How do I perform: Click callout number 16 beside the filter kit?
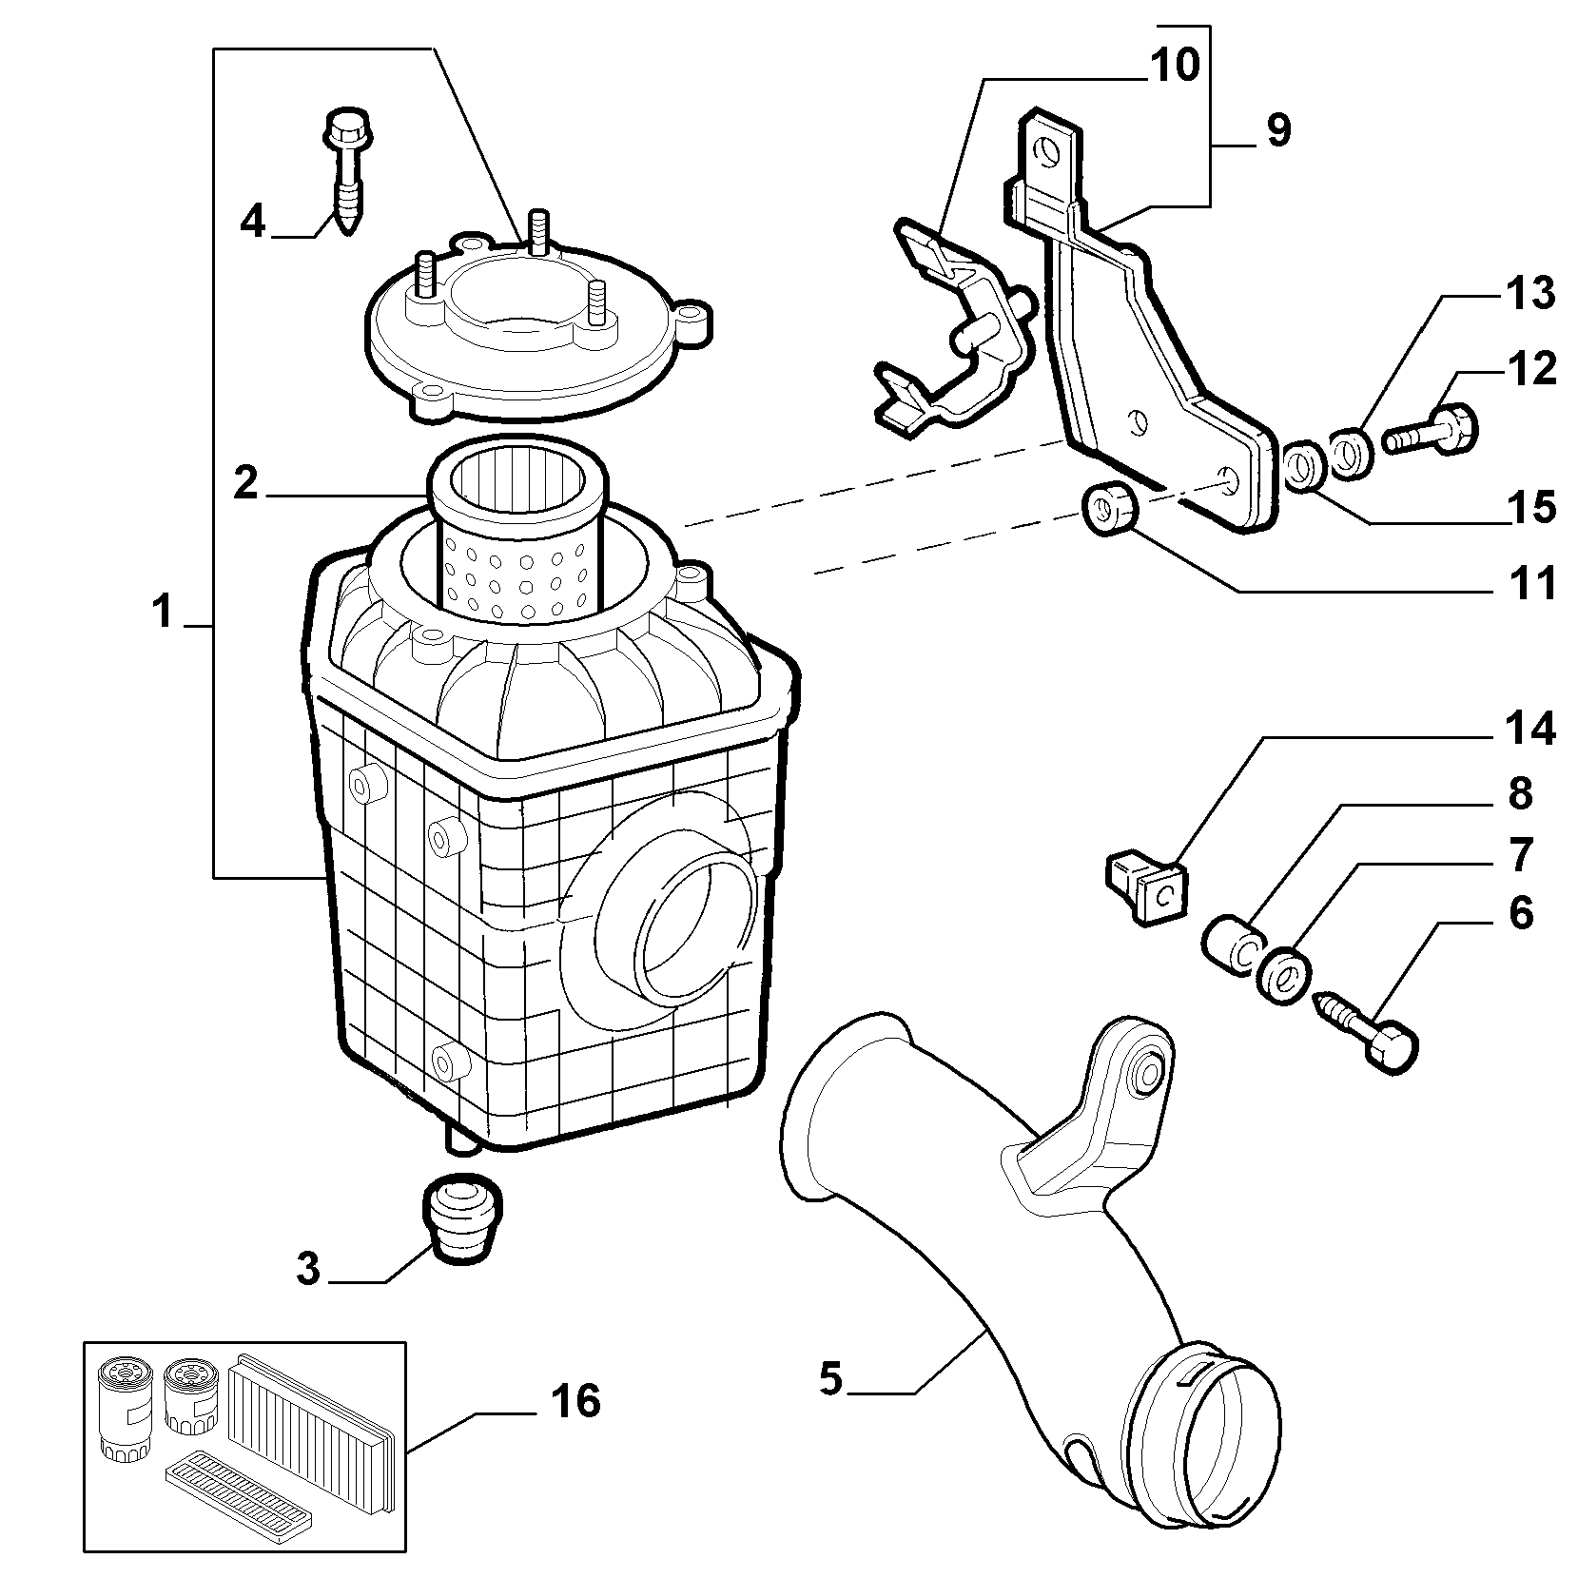click(x=575, y=1401)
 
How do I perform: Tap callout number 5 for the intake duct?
click(x=830, y=1379)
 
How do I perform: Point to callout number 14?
click(x=1529, y=730)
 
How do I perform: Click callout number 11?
click(x=1529, y=582)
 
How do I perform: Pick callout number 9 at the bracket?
click(x=1279, y=130)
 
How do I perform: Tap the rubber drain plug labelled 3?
click(x=460, y=1221)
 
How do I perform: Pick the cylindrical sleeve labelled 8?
click(x=1233, y=945)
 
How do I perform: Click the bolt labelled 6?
click(x=1366, y=1032)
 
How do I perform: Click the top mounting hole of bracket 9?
click(x=1049, y=150)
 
